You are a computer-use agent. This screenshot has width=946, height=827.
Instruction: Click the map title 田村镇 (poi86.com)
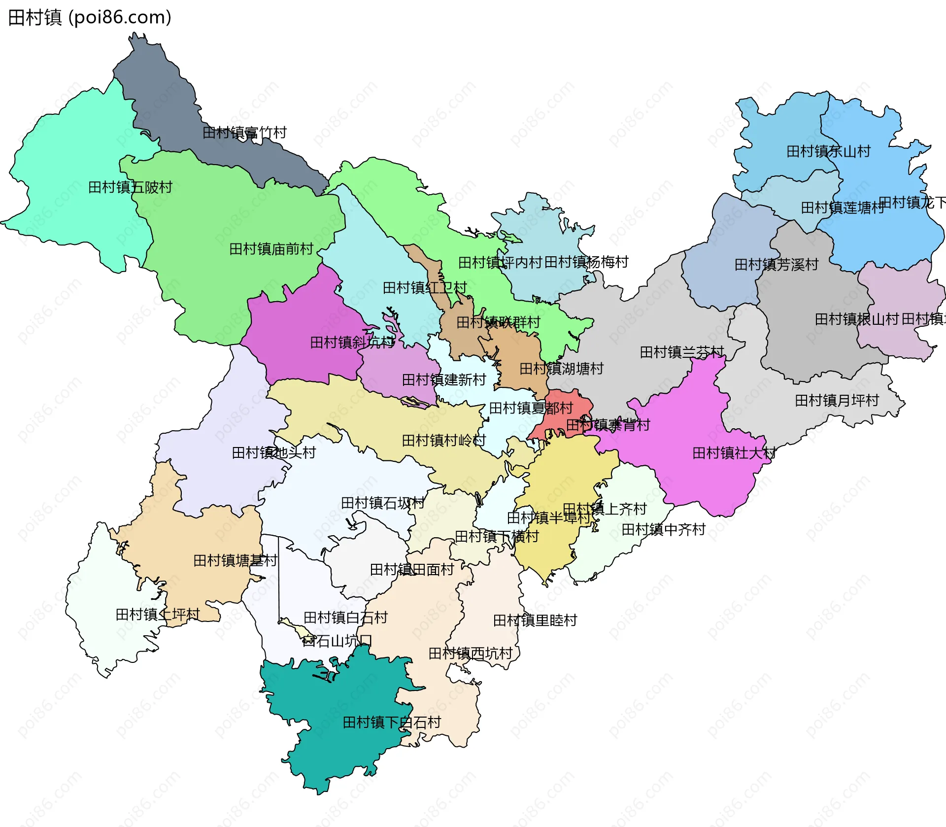90,18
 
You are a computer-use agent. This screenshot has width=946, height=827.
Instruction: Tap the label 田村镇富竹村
244,133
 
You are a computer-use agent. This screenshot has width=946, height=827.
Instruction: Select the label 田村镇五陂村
130,187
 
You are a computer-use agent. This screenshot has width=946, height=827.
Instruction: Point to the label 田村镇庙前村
271,249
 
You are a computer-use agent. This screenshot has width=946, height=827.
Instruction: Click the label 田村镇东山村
828,151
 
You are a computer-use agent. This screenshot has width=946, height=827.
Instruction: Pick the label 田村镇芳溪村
776,265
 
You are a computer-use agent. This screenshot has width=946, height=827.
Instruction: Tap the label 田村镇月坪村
837,400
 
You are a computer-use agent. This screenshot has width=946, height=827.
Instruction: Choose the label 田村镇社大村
734,453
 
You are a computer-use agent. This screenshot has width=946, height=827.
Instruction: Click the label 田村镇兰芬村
681,352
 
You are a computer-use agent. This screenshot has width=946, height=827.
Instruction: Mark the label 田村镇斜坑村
352,342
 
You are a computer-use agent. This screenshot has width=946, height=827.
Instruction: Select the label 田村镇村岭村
443,440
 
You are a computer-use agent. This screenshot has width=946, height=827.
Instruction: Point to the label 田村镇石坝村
382,503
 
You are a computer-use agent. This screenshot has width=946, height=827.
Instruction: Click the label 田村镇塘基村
235,560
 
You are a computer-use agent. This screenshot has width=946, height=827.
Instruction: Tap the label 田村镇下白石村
392,723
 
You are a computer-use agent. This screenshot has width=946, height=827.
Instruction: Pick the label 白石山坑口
337,641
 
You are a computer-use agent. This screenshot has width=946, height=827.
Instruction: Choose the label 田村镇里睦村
535,620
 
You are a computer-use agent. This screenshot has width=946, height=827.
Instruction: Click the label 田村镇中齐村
663,529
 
